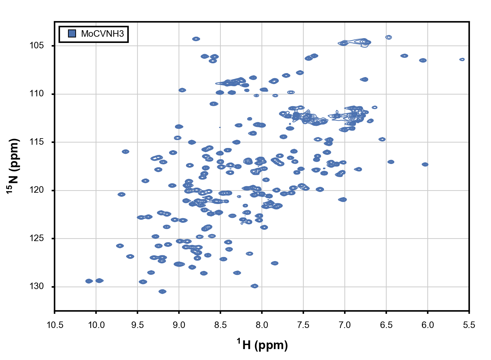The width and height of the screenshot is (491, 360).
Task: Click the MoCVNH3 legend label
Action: tap(102, 34)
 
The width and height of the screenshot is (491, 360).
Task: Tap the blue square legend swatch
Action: tap(72, 34)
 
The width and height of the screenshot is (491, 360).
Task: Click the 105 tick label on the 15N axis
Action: tap(37, 45)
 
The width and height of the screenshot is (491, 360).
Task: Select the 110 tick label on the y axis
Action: tap(37, 94)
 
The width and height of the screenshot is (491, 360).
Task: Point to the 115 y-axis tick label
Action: tap(37, 142)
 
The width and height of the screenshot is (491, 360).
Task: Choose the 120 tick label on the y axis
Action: tap(37, 190)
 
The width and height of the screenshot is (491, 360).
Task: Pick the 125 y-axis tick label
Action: tap(37, 238)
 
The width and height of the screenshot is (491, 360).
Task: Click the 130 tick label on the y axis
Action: tap(37, 287)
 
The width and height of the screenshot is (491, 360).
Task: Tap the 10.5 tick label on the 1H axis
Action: tap(55, 325)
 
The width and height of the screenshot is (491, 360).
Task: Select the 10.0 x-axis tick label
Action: tap(96, 325)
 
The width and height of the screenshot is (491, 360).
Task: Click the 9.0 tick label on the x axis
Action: tap(179, 325)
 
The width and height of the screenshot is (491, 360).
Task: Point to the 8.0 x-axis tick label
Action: tap(262, 325)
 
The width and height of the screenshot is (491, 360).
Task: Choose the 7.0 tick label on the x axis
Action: tap(345, 325)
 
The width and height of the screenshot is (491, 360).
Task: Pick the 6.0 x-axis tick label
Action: tap(428, 325)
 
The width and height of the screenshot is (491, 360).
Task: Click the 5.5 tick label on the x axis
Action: tap(469, 325)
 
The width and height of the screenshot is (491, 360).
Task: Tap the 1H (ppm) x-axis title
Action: tap(262, 344)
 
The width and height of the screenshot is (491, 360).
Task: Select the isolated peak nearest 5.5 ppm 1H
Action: tap(462, 59)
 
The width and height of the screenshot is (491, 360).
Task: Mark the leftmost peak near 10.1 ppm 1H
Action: tap(89, 281)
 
